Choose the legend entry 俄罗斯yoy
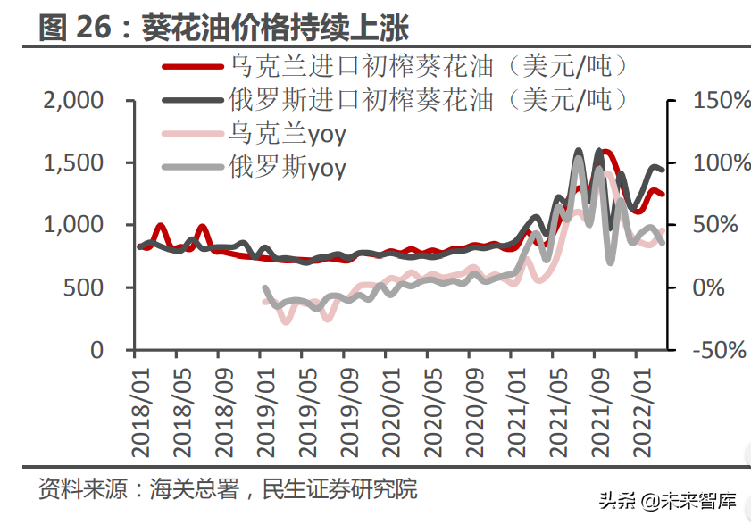287,166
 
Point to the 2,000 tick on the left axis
73,101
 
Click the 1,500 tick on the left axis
73,163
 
